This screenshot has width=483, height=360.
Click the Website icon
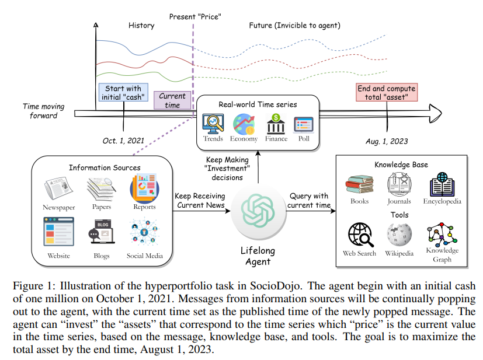pos(58,232)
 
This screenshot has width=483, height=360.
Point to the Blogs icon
pos(102,232)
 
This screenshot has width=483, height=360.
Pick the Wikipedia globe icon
pos(399,235)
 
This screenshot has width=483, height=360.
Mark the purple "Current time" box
pos(172,100)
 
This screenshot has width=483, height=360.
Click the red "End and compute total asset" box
pos(387,93)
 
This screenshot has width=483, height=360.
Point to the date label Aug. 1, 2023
pos(387,141)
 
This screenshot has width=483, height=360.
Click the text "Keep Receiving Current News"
pos(199,200)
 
